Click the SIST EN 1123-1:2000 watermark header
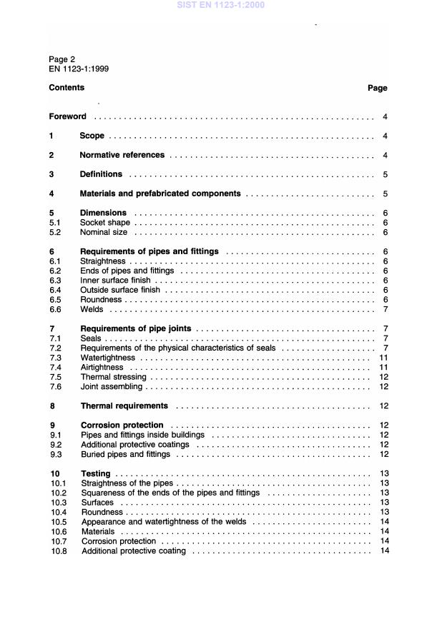point(220,5)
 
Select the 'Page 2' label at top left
point(62,59)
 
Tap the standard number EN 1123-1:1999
point(79,69)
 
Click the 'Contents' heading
point(67,88)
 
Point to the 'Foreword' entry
point(67,116)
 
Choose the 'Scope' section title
point(92,136)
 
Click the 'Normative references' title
point(122,155)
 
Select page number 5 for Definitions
point(385,174)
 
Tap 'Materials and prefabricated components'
point(160,193)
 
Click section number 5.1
point(54,223)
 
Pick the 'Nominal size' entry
point(104,232)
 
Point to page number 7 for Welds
point(385,310)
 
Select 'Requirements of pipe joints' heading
point(135,328)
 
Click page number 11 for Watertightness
point(383,358)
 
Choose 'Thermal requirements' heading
point(124,406)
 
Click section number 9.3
point(54,454)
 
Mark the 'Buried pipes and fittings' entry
point(125,454)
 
